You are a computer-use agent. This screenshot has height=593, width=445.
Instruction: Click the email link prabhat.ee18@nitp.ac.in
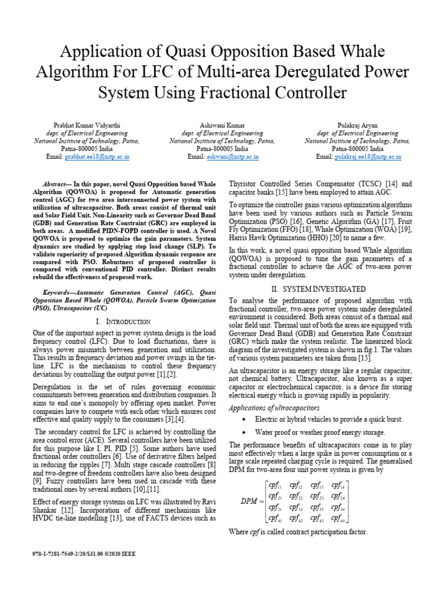point(97,157)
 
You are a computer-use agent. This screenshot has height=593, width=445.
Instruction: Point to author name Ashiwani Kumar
point(222,125)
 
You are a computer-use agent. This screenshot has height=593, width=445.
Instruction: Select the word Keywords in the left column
point(61,293)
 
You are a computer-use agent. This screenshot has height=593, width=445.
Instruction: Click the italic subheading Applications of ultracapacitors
point(273,408)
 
